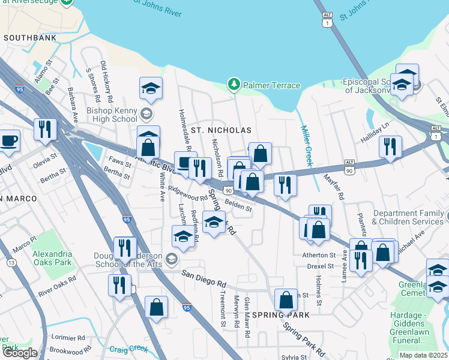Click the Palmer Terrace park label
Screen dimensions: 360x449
point(271,85)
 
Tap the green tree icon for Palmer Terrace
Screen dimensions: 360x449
point(234,85)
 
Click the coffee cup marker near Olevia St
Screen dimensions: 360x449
point(8,141)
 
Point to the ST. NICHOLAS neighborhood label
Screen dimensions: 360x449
point(220,130)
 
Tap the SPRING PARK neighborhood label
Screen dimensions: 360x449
point(281,315)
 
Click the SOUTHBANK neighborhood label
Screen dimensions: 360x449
point(30,37)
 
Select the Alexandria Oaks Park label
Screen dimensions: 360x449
point(52,258)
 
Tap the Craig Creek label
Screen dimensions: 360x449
point(128,349)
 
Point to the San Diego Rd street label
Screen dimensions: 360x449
point(204,280)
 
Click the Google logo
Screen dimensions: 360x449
point(20,353)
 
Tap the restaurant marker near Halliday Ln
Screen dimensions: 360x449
point(390,146)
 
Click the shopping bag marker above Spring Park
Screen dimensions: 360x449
point(286,298)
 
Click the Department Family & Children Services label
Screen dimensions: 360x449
point(408,217)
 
